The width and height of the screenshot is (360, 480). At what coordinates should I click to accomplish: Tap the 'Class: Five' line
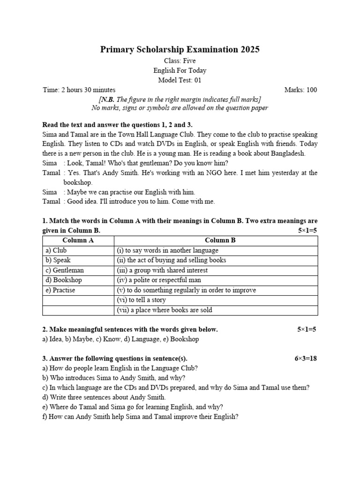(x=180, y=61)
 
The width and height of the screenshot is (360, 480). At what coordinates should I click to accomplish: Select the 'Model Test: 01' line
(x=180, y=80)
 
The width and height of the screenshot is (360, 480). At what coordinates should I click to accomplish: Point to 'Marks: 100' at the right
(x=300, y=90)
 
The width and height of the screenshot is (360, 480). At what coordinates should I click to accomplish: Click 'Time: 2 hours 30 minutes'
(x=79, y=90)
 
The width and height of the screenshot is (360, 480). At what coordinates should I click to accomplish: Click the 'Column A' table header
(x=78, y=240)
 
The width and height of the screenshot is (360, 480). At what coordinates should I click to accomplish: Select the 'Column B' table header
(x=220, y=240)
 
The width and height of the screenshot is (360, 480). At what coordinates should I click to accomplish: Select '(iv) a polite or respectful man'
(x=158, y=280)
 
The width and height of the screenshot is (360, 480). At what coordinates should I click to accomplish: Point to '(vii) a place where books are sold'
(x=164, y=310)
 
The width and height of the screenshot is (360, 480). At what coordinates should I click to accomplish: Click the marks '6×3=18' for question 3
(x=306, y=359)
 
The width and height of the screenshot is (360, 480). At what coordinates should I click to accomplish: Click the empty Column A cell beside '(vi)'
(x=78, y=300)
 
